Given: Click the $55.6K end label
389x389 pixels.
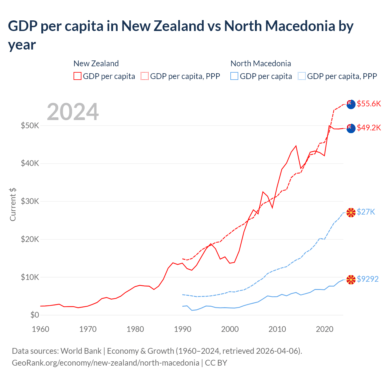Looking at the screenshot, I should pyautogui.click(x=369, y=104).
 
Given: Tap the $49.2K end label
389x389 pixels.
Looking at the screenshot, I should pyautogui.click(x=369, y=128).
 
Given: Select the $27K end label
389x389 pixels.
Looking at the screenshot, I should pyautogui.click(x=366, y=212).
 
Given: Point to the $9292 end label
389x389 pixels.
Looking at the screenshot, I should pyautogui.click(x=367, y=279).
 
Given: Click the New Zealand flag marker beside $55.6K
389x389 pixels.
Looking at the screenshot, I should pyautogui.click(x=351, y=104).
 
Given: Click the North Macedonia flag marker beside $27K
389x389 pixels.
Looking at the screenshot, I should pyautogui.click(x=351, y=212).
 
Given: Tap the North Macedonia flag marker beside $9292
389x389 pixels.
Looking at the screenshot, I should pyautogui.click(x=351, y=279).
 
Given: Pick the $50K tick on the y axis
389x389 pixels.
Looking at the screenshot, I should pyautogui.click(x=30, y=126).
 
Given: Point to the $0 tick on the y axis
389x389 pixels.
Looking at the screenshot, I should pyautogui.click(x=35, y=315).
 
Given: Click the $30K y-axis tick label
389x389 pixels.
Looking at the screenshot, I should pyautogui.click(x=30, y=201).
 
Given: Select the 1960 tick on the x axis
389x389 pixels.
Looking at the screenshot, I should pyautogui.click(x=40, y=329).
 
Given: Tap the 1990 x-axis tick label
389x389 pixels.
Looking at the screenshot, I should pyautogui.click(x=183, y=329).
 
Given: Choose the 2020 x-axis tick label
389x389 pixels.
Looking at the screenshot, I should pyautogui.click(x=325, y=329).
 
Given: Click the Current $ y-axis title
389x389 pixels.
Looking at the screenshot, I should pyautogui.click(x=13, y=204).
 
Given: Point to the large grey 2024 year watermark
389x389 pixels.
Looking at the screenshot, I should pyautogui.click(x=73, y=112).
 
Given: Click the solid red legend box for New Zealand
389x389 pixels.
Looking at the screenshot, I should pyautogui.click(x=77, y=76).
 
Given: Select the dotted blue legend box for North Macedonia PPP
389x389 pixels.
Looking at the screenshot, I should pyautogui.click(x=302, y=76).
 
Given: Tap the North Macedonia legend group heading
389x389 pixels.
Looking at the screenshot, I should pyautogui.click(x=261, y=64).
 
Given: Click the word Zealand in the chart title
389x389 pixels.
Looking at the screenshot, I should pyautogui.click(x=179, y=26).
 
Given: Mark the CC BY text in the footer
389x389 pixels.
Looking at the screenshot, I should pyautogui.click(x=216, y=363).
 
